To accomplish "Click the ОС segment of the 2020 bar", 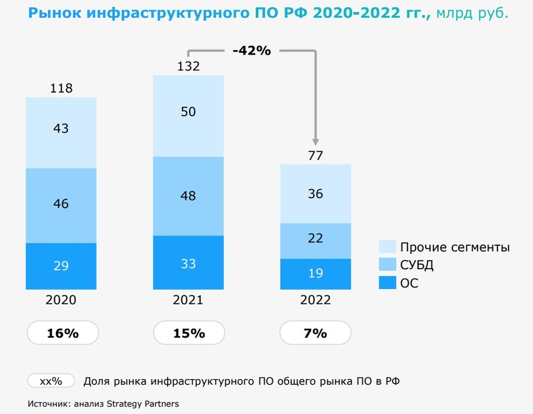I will point(61,266).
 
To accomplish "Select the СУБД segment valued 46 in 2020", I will point(61,204).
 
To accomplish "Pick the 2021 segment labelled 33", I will point(188,262).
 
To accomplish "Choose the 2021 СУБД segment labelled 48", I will point(188,196).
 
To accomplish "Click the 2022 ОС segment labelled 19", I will point(315,274).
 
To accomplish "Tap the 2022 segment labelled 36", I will point(315,194).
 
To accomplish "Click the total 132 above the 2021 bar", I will point(188,66).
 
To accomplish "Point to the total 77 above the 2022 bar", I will point(315,155).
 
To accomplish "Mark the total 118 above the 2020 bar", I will point(61,88).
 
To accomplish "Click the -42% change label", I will point(252,51).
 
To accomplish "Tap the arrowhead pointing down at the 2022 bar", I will point(315,143).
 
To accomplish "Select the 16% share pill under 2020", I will point(62,333).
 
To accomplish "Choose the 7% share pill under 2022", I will point(315,333).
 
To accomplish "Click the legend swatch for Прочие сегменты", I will point(387,247).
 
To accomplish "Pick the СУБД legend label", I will point(418,265).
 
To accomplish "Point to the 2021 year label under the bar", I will point(188,300).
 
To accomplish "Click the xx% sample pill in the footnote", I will point(51,381).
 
